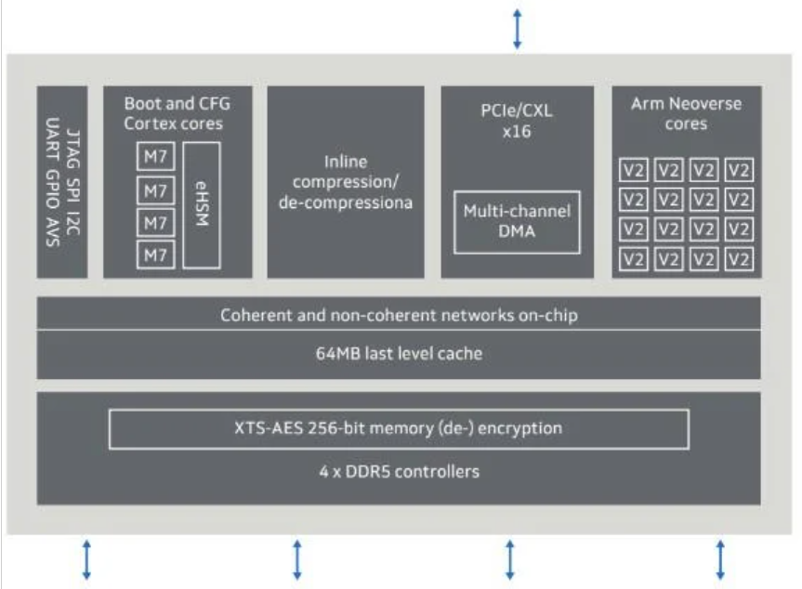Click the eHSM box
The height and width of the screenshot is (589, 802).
click(x=202, y=204)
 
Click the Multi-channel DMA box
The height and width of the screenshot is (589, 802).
click(x=517, y=221)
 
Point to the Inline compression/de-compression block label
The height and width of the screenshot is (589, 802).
click(x=346, y=181)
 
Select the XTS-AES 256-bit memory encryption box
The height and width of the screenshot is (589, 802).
click(x=399, y=428)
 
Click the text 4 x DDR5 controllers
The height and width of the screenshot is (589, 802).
click(x=399, y=471)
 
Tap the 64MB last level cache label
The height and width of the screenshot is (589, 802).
click(x=399, y=354)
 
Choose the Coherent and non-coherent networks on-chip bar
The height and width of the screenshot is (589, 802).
click(x=399, y=315)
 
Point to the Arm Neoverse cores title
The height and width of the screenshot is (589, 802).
click(x=686, y=113)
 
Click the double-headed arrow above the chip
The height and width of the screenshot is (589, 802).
click(x=518, y=28)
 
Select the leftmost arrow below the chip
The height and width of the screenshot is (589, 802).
click(x=86, y=560)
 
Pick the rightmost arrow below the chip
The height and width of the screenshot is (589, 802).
click(x=720, y=560)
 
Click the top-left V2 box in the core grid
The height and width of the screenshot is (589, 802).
click(x=633, y=171)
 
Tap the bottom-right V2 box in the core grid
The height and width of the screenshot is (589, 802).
click(x=739, y=259)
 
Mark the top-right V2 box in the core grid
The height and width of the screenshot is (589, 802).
click(x=739, y=171)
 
